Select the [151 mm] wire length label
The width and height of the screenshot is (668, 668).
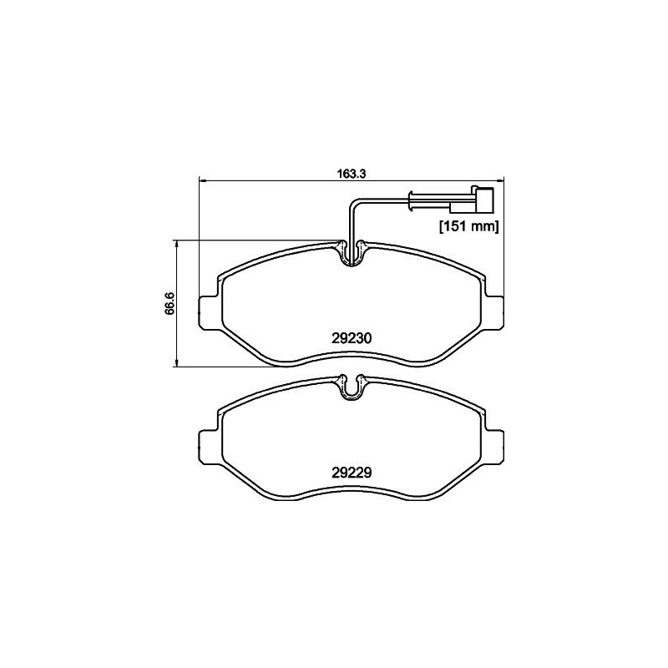click(468, 226)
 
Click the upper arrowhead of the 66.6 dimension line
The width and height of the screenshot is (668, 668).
click(177, 243)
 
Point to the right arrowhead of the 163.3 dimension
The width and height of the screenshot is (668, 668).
click(503, 181)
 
